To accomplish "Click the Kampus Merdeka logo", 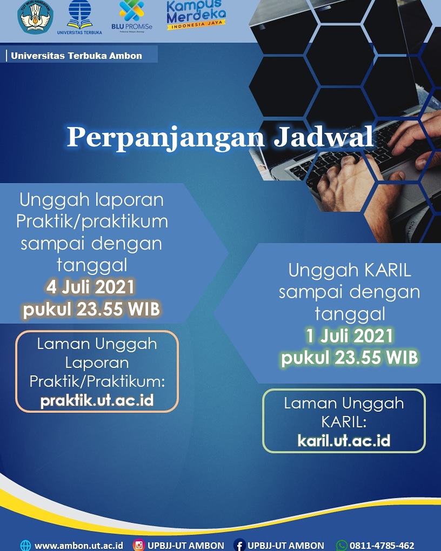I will tap(196, 15).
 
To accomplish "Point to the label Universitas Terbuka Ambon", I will tap(76, 55).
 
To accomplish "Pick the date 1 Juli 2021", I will tap(349, 336).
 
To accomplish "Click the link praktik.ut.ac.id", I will tap(97, 401).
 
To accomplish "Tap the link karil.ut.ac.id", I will tap(344, 440).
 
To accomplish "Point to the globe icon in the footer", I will tap(25, 546).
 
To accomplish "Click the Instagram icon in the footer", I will tap(139, 546).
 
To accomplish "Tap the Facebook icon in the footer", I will tap(239, 546).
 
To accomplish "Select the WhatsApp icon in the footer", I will tap(342, 546).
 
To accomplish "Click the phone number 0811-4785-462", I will tap(382, 546).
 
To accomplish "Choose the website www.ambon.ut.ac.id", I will tap(79, 546).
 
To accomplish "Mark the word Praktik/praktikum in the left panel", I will tap(91, 221).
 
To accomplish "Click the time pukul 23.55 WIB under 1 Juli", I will tap(349, 358).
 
